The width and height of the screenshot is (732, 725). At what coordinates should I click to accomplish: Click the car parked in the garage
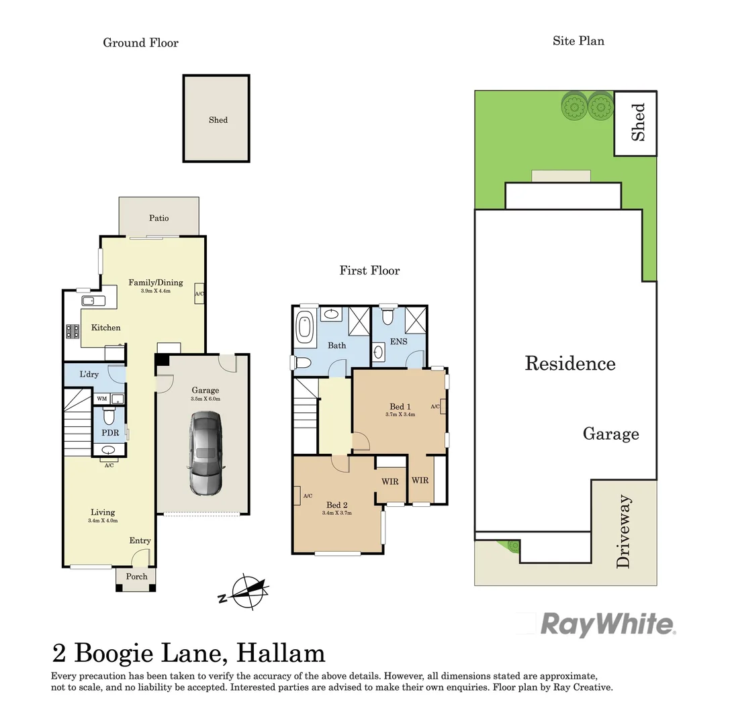(x=205, y=453)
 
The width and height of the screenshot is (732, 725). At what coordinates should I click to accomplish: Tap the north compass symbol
(x=246, y=591)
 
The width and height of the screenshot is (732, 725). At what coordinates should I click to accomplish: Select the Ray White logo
(x=608, y=624)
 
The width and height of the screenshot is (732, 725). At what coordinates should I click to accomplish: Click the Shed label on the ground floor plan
(x=218, y=120)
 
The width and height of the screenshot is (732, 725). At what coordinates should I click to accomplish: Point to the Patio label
(x=159, y=218)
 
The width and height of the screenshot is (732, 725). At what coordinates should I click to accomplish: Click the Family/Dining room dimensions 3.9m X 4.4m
(x=155, y=291)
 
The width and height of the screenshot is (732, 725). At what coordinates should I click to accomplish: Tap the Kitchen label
(x=106, y=328)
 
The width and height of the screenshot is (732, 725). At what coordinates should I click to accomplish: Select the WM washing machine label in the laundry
(x=102, y=399)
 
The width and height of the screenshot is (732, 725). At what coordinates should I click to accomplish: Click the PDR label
(x=110, y=433)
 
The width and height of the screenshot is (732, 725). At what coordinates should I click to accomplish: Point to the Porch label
(x=137, y=577)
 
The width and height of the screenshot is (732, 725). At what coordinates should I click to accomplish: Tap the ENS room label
(x=398, y=342)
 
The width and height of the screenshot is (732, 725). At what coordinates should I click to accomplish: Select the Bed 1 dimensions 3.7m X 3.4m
(x=400, y=415)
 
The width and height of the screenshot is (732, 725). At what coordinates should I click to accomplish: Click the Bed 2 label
(x=337, y=505)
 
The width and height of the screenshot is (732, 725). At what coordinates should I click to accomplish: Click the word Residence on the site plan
(x=569, y=364)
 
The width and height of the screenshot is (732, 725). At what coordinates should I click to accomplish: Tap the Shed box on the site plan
(x=637, y=123)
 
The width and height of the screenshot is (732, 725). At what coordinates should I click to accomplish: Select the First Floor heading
(x=369, y=271)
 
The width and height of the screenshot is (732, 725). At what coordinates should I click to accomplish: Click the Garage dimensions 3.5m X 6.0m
(x=205, y=399)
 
